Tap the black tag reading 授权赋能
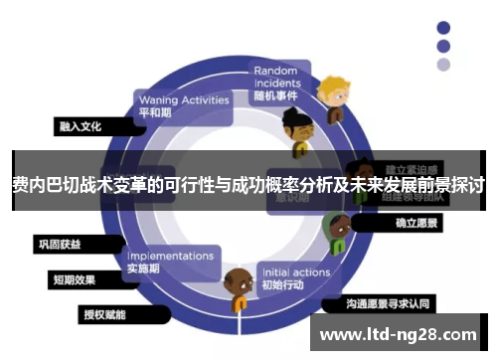(x=104, y=314)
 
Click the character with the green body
(x=336, y=233)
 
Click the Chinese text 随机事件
(x=276, y=95)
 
